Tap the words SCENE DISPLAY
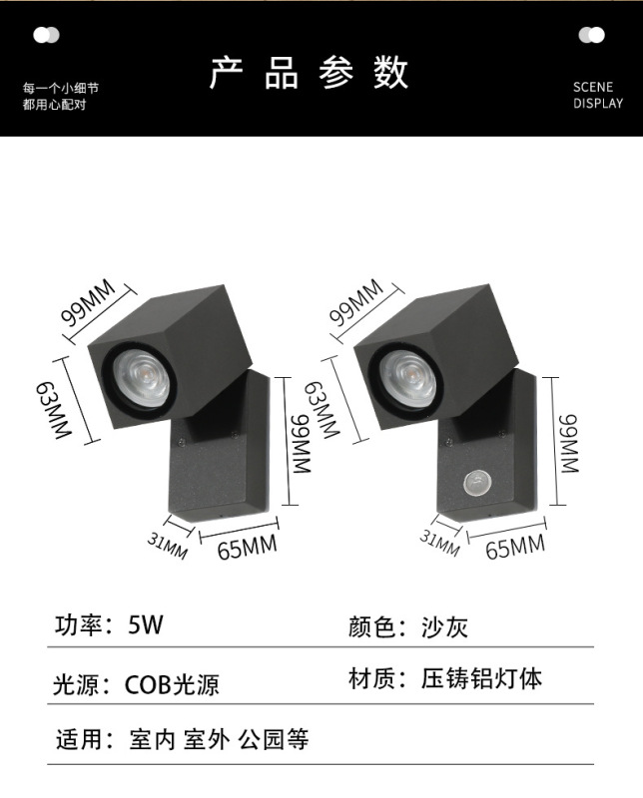(597, 95)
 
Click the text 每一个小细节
(62, 88)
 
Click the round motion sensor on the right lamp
(476, 486)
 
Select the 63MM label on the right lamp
(321, 410)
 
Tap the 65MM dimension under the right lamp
(515, 547)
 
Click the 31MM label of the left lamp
(169, 544)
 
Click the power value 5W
(145, 626)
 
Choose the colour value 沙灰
(444, 626)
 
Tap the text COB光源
(172, 685)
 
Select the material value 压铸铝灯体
(481, 680)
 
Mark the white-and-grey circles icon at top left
(46, 36)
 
